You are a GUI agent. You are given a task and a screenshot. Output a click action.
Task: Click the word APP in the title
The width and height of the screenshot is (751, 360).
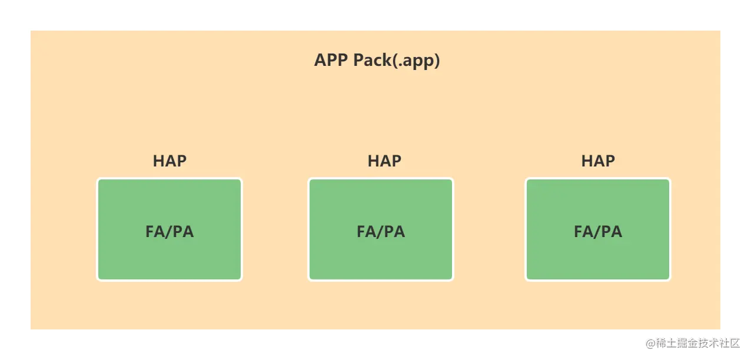[331, 60]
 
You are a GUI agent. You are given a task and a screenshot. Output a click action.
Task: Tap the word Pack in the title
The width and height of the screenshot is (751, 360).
[372, 60]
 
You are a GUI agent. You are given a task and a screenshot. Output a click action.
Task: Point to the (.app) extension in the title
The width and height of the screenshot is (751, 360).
[416, 61]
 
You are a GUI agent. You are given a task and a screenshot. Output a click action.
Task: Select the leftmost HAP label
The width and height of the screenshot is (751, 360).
[170, 161]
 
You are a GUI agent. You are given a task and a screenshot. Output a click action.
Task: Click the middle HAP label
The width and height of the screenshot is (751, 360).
[384, 161]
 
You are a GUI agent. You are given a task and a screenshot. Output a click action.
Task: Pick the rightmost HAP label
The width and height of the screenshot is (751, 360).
[598, 161]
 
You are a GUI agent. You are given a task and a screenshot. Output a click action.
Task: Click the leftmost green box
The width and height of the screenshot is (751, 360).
[170, 229]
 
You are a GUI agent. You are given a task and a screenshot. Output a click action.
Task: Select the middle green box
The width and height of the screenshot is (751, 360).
[381, 229]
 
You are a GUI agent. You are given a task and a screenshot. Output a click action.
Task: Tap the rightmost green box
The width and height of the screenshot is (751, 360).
[598, 229]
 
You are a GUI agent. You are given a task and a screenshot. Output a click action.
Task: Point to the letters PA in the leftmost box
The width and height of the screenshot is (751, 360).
[183, 232]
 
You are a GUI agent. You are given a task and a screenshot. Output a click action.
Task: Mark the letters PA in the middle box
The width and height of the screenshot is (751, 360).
[394, 232]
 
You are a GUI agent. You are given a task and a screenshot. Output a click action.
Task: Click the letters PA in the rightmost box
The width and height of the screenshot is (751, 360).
[612, 232]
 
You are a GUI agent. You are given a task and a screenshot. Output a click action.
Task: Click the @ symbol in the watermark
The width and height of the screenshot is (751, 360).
[651, 344]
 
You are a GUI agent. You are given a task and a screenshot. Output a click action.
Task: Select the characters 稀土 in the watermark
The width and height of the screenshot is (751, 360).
[666, 344]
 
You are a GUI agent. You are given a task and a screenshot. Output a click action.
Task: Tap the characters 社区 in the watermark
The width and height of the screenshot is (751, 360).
[730, 344]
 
